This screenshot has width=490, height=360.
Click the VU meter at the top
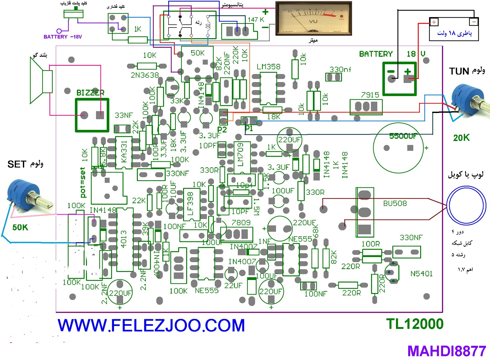pyautogui.click(x=313, y=18)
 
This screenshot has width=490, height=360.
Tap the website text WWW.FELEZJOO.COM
pyautogui.click(x=151, y=325)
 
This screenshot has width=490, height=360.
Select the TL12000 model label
pyautogui.click(x=415, y=324)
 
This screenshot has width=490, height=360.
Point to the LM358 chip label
pyautogui.click(x=269, y=67)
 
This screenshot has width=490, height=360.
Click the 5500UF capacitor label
pyautogui.click(x=403, y=136)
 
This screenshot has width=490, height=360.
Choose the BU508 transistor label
pyautogui.click(x=395, y=203)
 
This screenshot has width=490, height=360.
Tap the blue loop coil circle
pyautogui.click(x=466, y=205)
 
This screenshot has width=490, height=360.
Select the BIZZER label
pyautogui.click(x=90, y=92)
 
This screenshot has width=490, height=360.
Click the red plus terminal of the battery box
pyautogui.click(x=434, y=22)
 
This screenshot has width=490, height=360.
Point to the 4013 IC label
pyautogui.click(x=124, y=239)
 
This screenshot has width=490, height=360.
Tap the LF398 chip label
pyautogui.click(x=190, y=204)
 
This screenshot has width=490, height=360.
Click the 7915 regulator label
pyautogui.click(x=370, y=95)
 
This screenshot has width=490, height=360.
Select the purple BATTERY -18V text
pyautogui.click(x=63, y=37)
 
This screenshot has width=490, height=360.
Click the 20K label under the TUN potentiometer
pyautogui.click(x=461, y=138)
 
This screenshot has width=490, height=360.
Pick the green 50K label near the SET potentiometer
pyautogui.click(x=20, y=227)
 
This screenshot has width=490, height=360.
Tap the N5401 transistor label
pyautogui.click(x=421, y=274)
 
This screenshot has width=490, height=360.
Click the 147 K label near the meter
pyautogui.click(x=256, y=19)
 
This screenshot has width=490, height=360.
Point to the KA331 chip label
pyautogui.click(x=124, y=152)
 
